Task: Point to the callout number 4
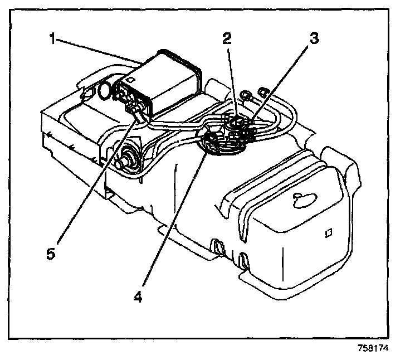tap(137, 294)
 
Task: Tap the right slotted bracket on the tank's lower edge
tap(243, 259)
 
